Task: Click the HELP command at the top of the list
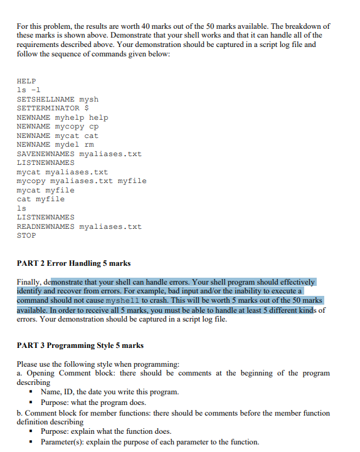26,81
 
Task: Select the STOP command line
26,236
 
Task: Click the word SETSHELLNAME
45,99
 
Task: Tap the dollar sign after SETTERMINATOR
87,108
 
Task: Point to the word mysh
89,99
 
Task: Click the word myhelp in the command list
69,117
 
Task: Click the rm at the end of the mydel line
89,145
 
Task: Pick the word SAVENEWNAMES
45,154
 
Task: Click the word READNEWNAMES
45,226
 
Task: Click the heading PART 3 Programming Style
80,345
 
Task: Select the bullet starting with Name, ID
109,392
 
